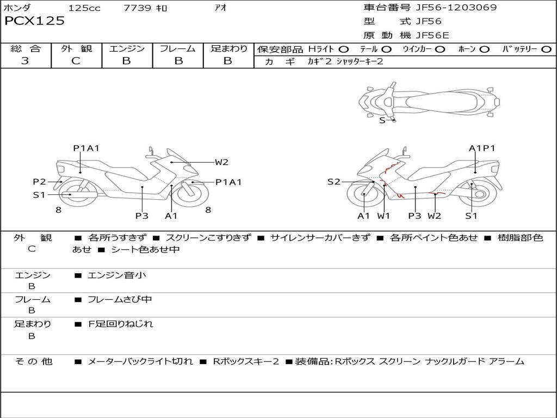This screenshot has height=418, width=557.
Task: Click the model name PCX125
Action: [x=34, y=21]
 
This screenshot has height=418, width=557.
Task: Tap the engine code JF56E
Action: [x=432, y=35]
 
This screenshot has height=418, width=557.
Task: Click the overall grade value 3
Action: [x=25, y=61]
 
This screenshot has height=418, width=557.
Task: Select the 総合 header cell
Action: [x=26, y=49]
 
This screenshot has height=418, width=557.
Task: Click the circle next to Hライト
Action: [x=344, y=49]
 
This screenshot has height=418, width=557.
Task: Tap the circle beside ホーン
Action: [x=484, y=49]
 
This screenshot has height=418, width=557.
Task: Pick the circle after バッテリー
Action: [x=546, y=49]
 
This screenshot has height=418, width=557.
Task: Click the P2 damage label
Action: [x=39, y=182]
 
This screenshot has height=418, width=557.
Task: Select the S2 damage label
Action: [x=333, y=182]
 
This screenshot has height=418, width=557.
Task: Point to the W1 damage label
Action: [x=384, y=216]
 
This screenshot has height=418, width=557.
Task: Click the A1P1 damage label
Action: [x=482, y=148]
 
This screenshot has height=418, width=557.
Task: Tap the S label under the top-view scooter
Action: [x=382, y=121]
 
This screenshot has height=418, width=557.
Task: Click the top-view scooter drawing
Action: [x=429, y=100]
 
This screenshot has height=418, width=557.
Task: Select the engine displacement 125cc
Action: [x=84, y=8]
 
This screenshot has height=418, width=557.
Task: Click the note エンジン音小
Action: [x=116, y=275]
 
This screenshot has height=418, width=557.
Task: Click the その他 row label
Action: [x=33, y=361]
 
